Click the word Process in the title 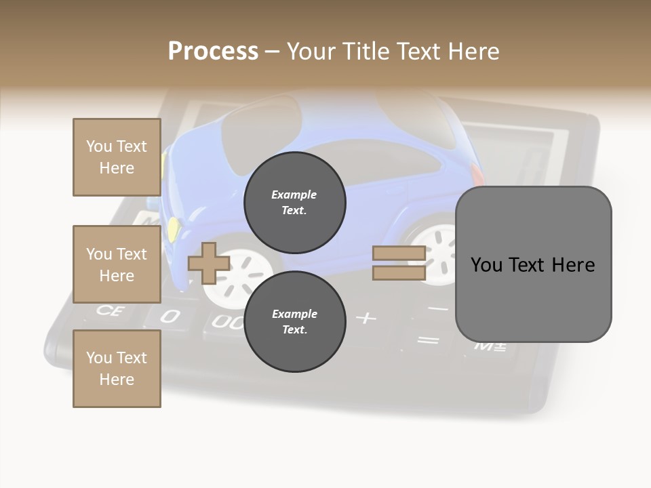point(213,52)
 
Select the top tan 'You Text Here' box point(117,157)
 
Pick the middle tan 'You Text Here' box point(117,264)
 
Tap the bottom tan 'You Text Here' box point(117,369)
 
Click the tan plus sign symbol point(208,263)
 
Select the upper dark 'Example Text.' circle point(294,203)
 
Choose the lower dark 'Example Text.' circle point(294,322)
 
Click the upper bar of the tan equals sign point(399,253)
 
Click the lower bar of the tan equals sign point(399,272)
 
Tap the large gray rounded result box point(533,264)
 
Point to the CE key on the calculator point(107,310)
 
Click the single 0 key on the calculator point(170,316)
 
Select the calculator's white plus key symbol point(366,317)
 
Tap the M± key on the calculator point(490,346)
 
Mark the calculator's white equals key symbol point(427,340)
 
